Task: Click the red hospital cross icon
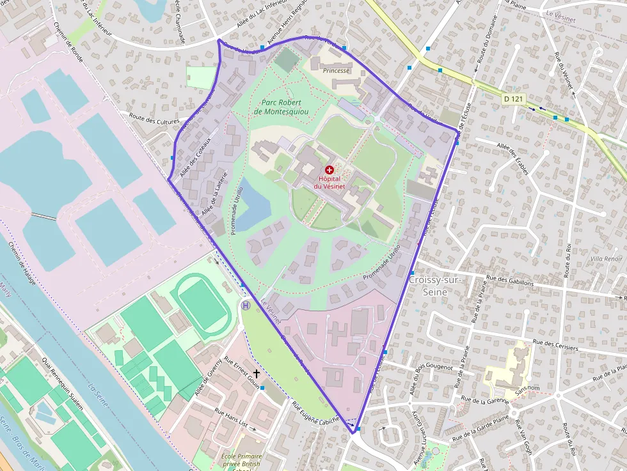(329, 170)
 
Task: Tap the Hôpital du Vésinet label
(329, 183)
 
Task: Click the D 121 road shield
(513, 98)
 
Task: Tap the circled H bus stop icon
(246, 305)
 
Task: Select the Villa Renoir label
(607, 259)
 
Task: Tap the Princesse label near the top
(337, 70)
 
